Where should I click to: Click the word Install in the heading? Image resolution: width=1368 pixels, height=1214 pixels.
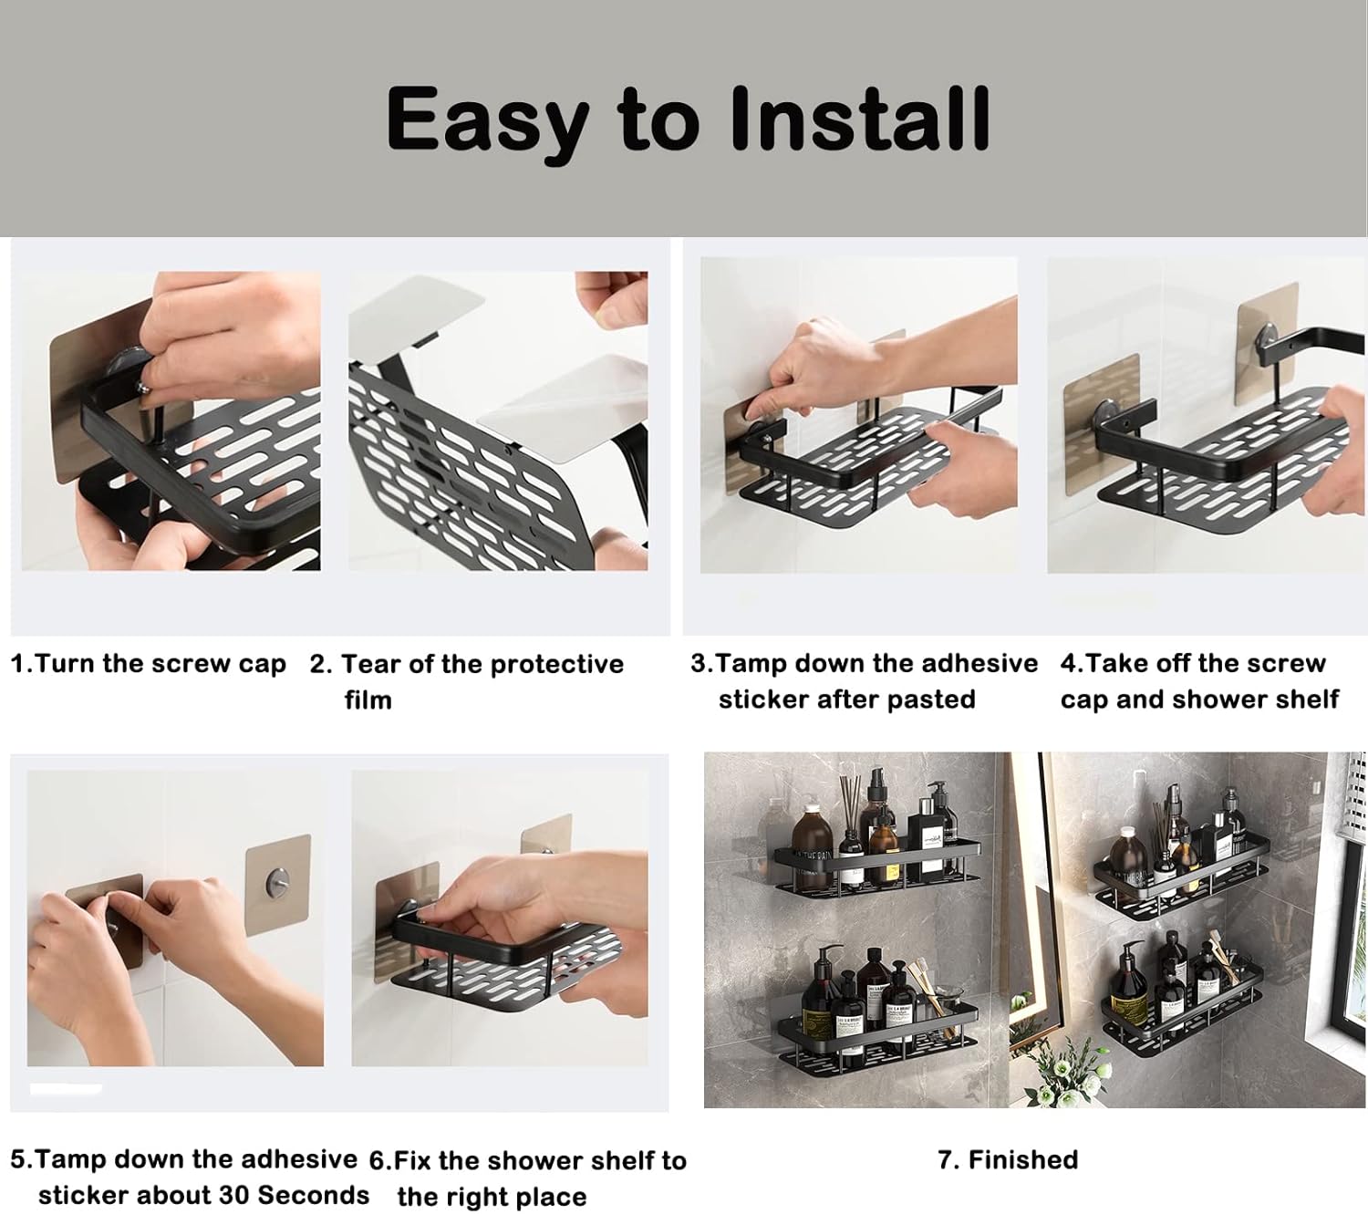(860, 119)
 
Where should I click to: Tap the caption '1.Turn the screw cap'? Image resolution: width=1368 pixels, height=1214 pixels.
(149, 664)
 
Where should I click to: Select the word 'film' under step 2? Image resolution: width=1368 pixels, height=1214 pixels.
(368, 700)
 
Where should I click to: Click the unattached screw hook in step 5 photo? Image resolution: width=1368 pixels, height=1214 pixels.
(277, 880)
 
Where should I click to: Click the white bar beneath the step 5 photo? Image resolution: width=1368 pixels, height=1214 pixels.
(67, 1088)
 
